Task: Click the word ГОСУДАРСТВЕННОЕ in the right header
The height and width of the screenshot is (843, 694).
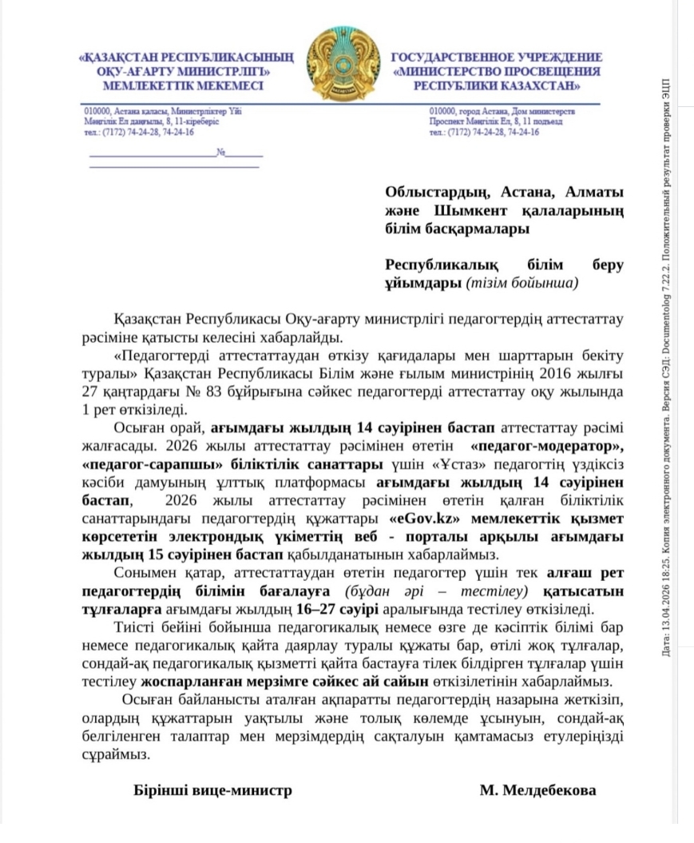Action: (444, 58)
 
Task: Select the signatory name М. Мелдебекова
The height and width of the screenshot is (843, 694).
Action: (537, 790)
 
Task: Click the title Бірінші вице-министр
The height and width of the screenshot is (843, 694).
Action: (212, 790)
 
